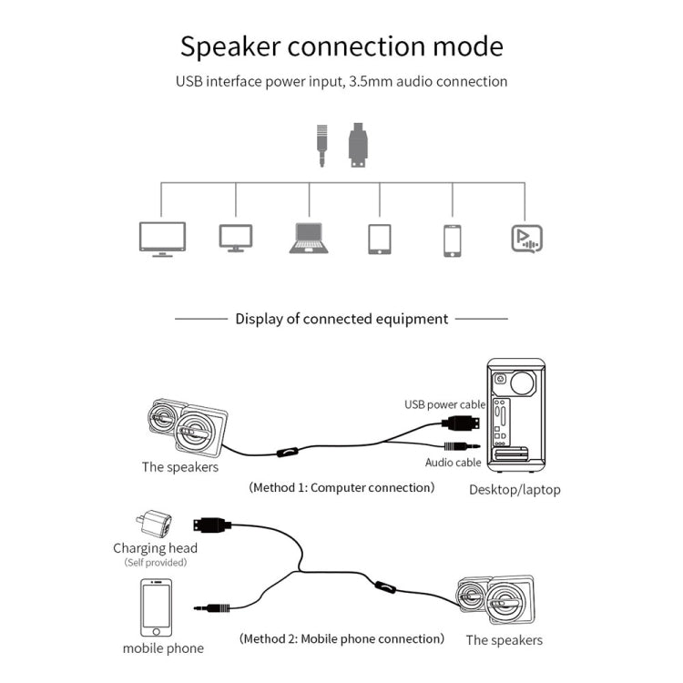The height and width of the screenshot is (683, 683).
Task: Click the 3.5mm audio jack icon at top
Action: tap(321, 144)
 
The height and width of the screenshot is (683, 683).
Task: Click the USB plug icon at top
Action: tap(358, 145)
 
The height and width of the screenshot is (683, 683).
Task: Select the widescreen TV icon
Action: tap(162, 239)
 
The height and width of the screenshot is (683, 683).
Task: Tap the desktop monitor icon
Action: tap(236, 239)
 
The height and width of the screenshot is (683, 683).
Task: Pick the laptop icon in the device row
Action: tap(309, 239)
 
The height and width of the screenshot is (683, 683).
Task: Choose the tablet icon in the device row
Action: tap(380, 240)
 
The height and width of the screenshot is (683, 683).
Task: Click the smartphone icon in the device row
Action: tap(453, 240)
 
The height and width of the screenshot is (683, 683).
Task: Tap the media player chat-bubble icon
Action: tap(526, 239)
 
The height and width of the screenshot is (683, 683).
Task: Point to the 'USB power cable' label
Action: tap(445, 404)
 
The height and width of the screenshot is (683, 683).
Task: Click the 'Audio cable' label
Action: tap(453, 463)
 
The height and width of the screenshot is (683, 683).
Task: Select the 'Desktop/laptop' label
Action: tap(515, 490)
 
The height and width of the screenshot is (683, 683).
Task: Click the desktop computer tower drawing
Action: tap(515, 414)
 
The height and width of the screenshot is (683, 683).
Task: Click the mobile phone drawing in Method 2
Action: tap(156, 607)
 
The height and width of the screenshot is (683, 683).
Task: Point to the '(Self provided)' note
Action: tap(156, 563)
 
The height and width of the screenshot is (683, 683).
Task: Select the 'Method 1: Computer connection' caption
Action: tap(341, 488)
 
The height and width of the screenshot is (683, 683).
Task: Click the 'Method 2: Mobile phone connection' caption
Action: tap(341, 639)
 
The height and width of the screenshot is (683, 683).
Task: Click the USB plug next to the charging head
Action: tap(212, 525)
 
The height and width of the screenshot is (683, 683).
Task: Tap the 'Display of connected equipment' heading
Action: tap(341, 319)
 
